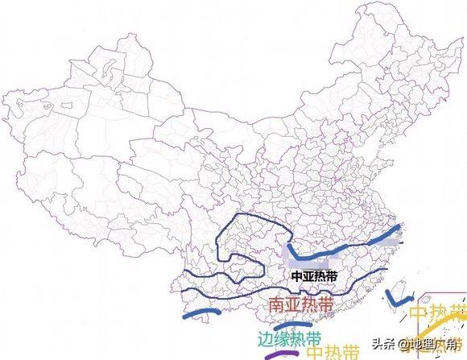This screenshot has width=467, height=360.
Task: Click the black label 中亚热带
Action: point(315,275)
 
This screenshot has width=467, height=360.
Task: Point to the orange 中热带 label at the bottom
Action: point(333,351)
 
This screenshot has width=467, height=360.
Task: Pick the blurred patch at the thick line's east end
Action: point(393,234)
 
